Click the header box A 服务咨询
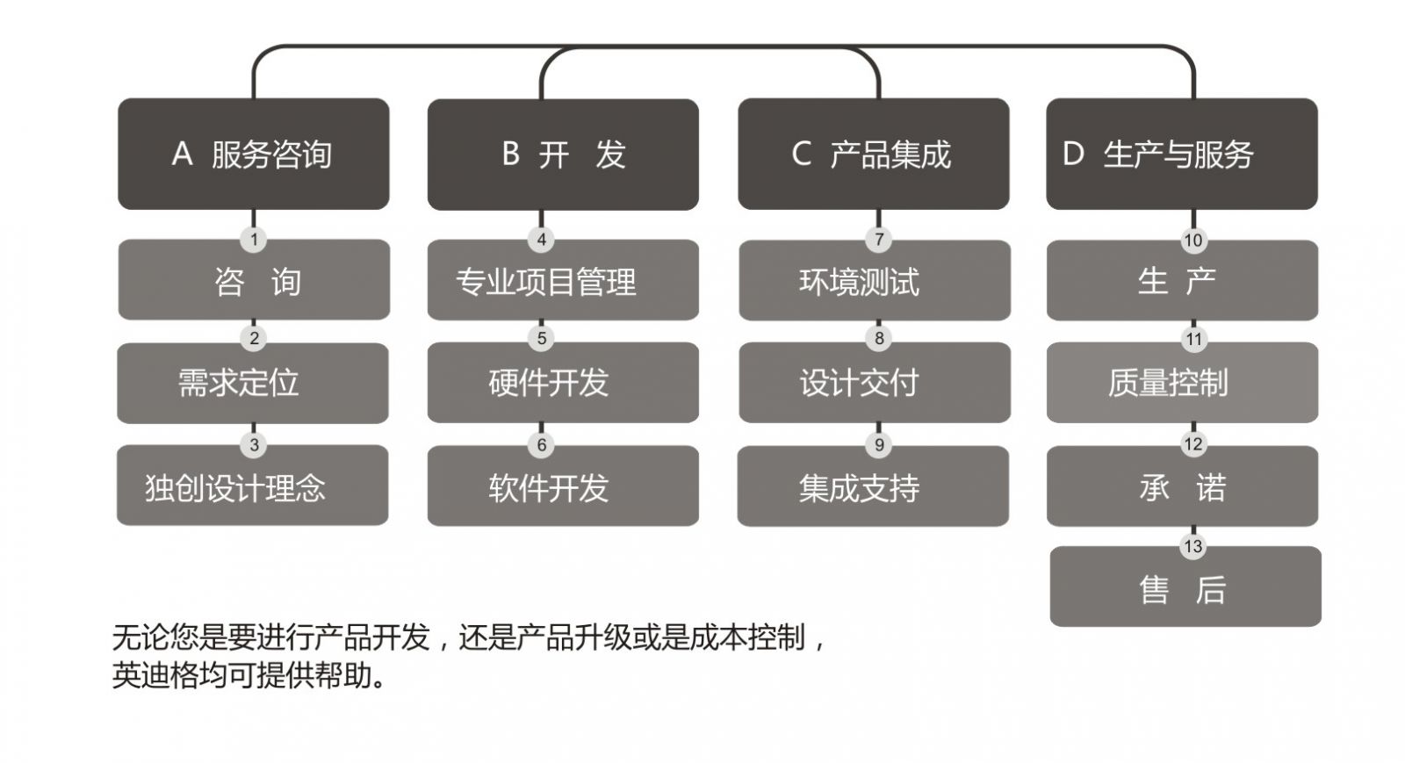click(254, 154)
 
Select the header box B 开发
click(563, 155)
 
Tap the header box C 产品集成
click(874, 154)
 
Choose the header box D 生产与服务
click(1182, 154)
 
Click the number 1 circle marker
click(254, 239)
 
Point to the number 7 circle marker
click(879, 239)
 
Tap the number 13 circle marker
click(1193, 546)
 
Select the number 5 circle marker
click(541, 339)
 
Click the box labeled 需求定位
click(253, 383)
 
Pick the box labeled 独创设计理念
click(253, 486)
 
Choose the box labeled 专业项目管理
click(563, 279)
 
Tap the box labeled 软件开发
click(563, 486)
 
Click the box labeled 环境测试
click(875, 280)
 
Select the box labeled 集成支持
click(873, 486)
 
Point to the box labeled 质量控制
click(1182, 383)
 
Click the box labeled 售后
click(1185, 587)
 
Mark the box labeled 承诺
click(1182, 486)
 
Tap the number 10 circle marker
click(1193, 240)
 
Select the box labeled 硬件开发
click(563, 383)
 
